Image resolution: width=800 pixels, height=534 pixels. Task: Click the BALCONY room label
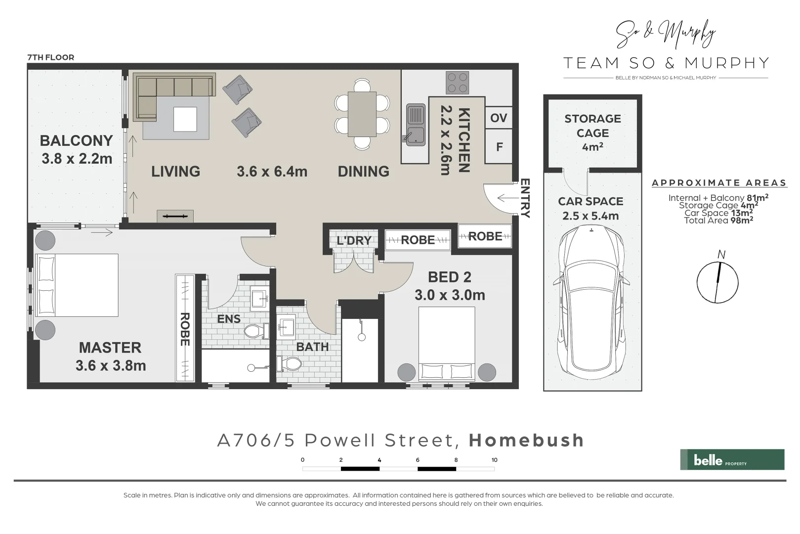click(x=76, y=141)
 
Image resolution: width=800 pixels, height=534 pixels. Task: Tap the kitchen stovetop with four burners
click(x=457, y=83)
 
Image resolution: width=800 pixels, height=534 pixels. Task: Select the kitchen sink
click(x=416, y=125)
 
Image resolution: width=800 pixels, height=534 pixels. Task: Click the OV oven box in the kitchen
click(x=499, y=118)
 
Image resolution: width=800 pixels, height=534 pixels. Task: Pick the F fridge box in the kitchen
click(x=499, y=147)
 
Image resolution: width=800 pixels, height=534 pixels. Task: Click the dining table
click(x=362, y=114)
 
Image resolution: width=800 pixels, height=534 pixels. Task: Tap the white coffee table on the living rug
click(x=185, y=119)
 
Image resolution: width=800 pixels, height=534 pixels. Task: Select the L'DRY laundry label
click(x=354, y=241)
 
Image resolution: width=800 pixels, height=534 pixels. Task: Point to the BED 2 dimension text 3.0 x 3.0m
click(x=450, y=295)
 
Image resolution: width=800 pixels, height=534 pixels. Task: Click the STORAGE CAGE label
click(x=592, y=126)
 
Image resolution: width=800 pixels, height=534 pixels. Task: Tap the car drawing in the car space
click(x=591, y=302)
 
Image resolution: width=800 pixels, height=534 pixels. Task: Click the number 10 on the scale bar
click(x=494, y=460)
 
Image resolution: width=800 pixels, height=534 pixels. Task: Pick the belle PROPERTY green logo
click(x=732, y=459)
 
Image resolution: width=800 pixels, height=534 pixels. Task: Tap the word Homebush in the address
click(x=526, y=440)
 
